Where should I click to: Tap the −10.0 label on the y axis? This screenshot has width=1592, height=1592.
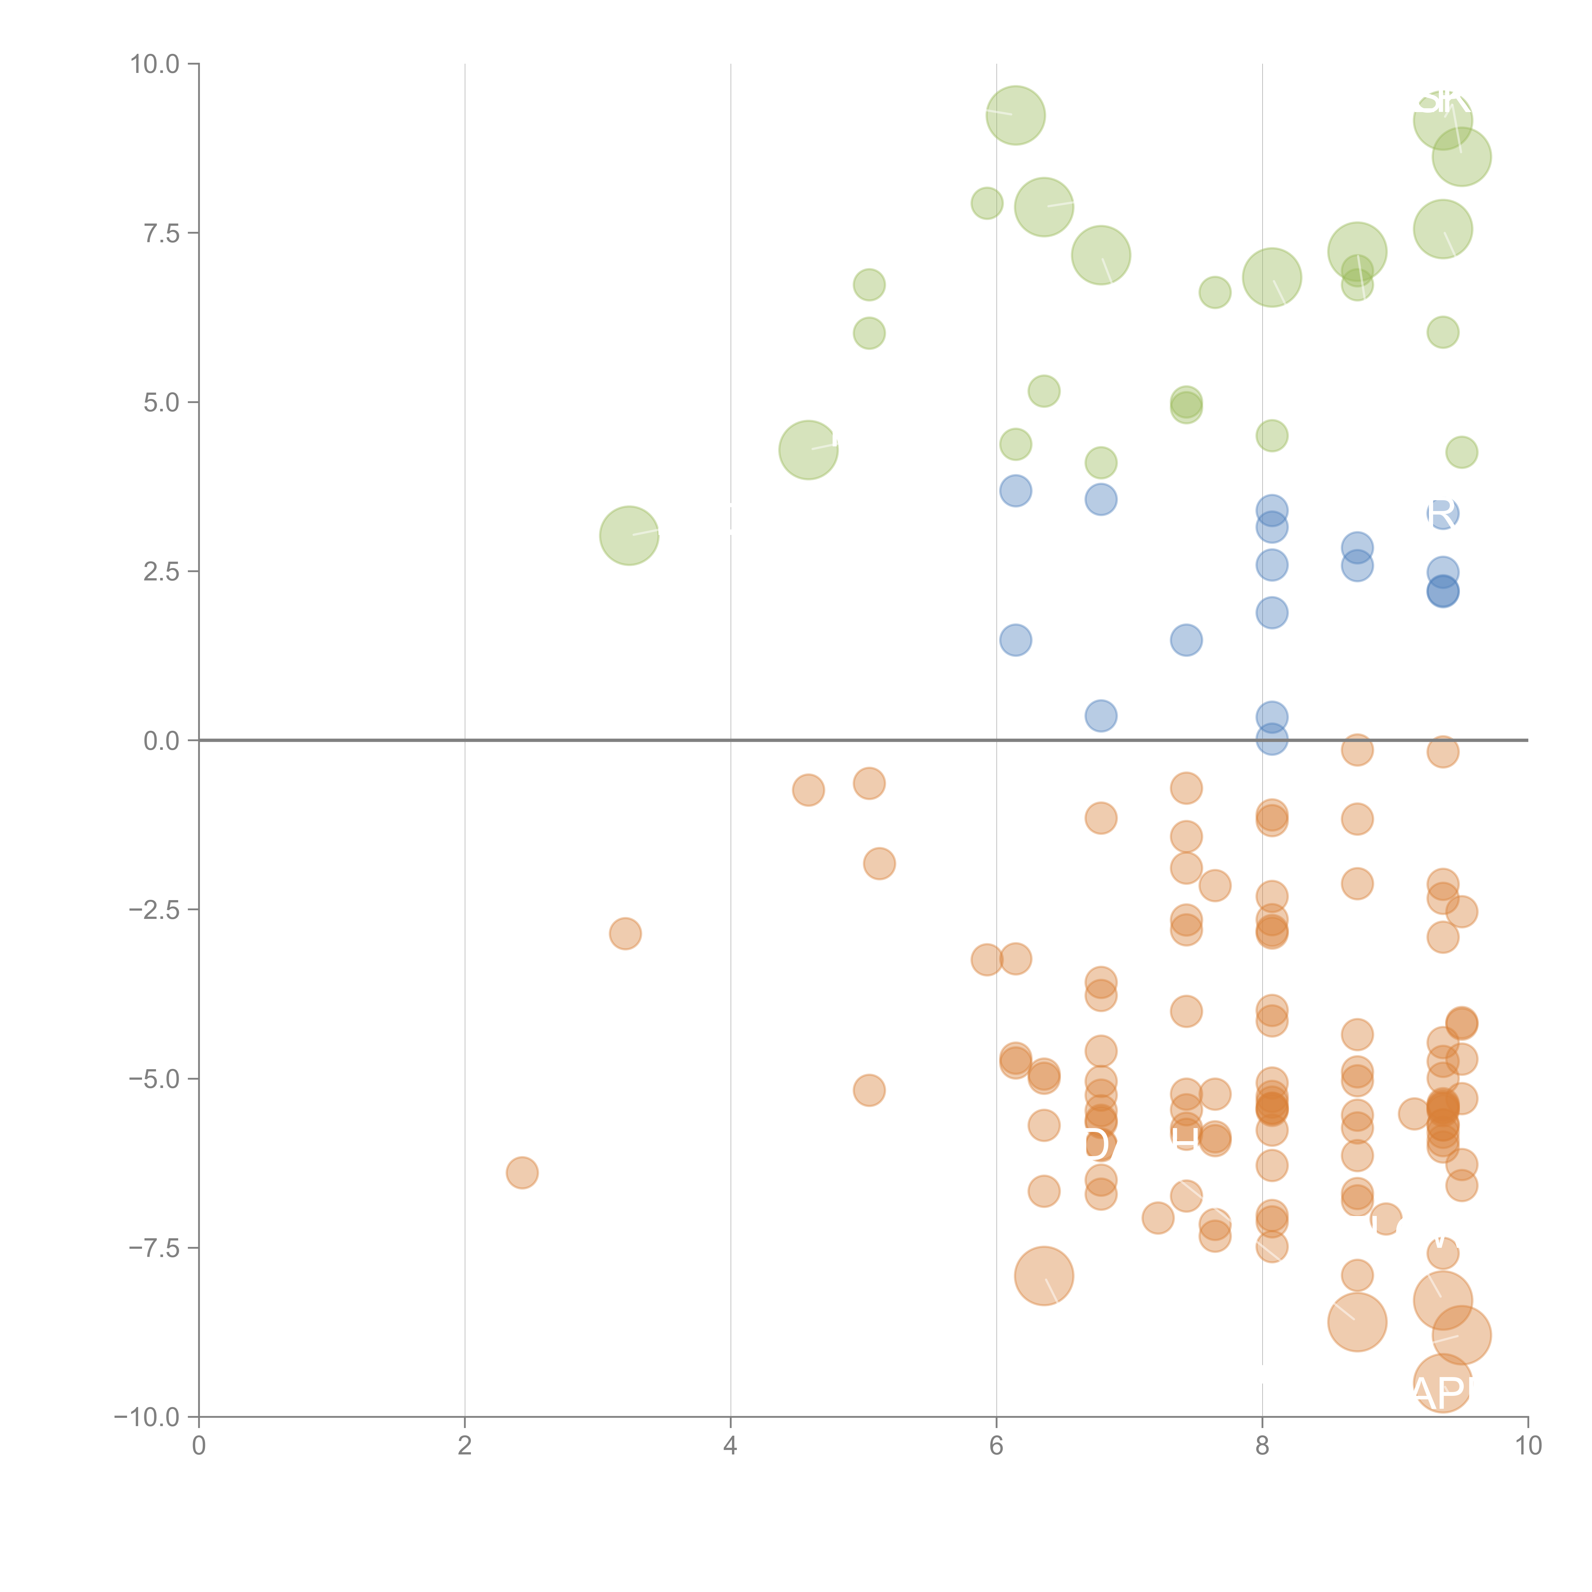147,1417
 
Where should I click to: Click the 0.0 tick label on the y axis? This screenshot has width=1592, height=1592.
161,741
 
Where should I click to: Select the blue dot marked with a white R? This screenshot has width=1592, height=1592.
1442,513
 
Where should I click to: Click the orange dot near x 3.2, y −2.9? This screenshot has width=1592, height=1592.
625,934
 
